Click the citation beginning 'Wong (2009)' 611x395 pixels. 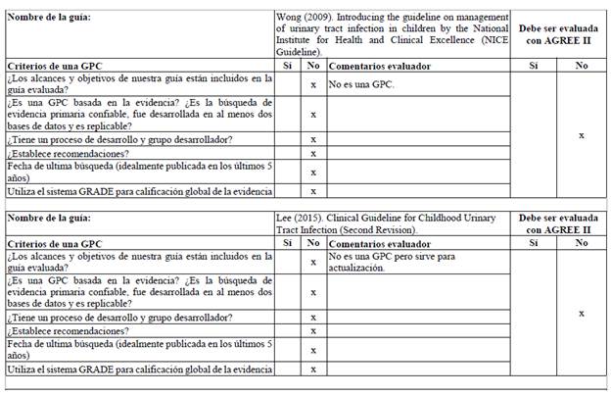pos(394,35)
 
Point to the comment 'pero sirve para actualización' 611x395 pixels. pos(372,262)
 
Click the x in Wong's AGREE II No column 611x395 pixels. pos(582,134)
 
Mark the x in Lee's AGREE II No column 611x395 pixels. pos(582,314)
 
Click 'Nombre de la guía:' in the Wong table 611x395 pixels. pos(48,21)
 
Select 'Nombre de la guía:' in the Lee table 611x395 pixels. pos(48,217)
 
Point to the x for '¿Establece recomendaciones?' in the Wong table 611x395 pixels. pos(312,153)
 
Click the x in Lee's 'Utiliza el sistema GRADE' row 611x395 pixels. pos(312,370)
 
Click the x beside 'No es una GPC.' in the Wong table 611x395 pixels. pos(312,84)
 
